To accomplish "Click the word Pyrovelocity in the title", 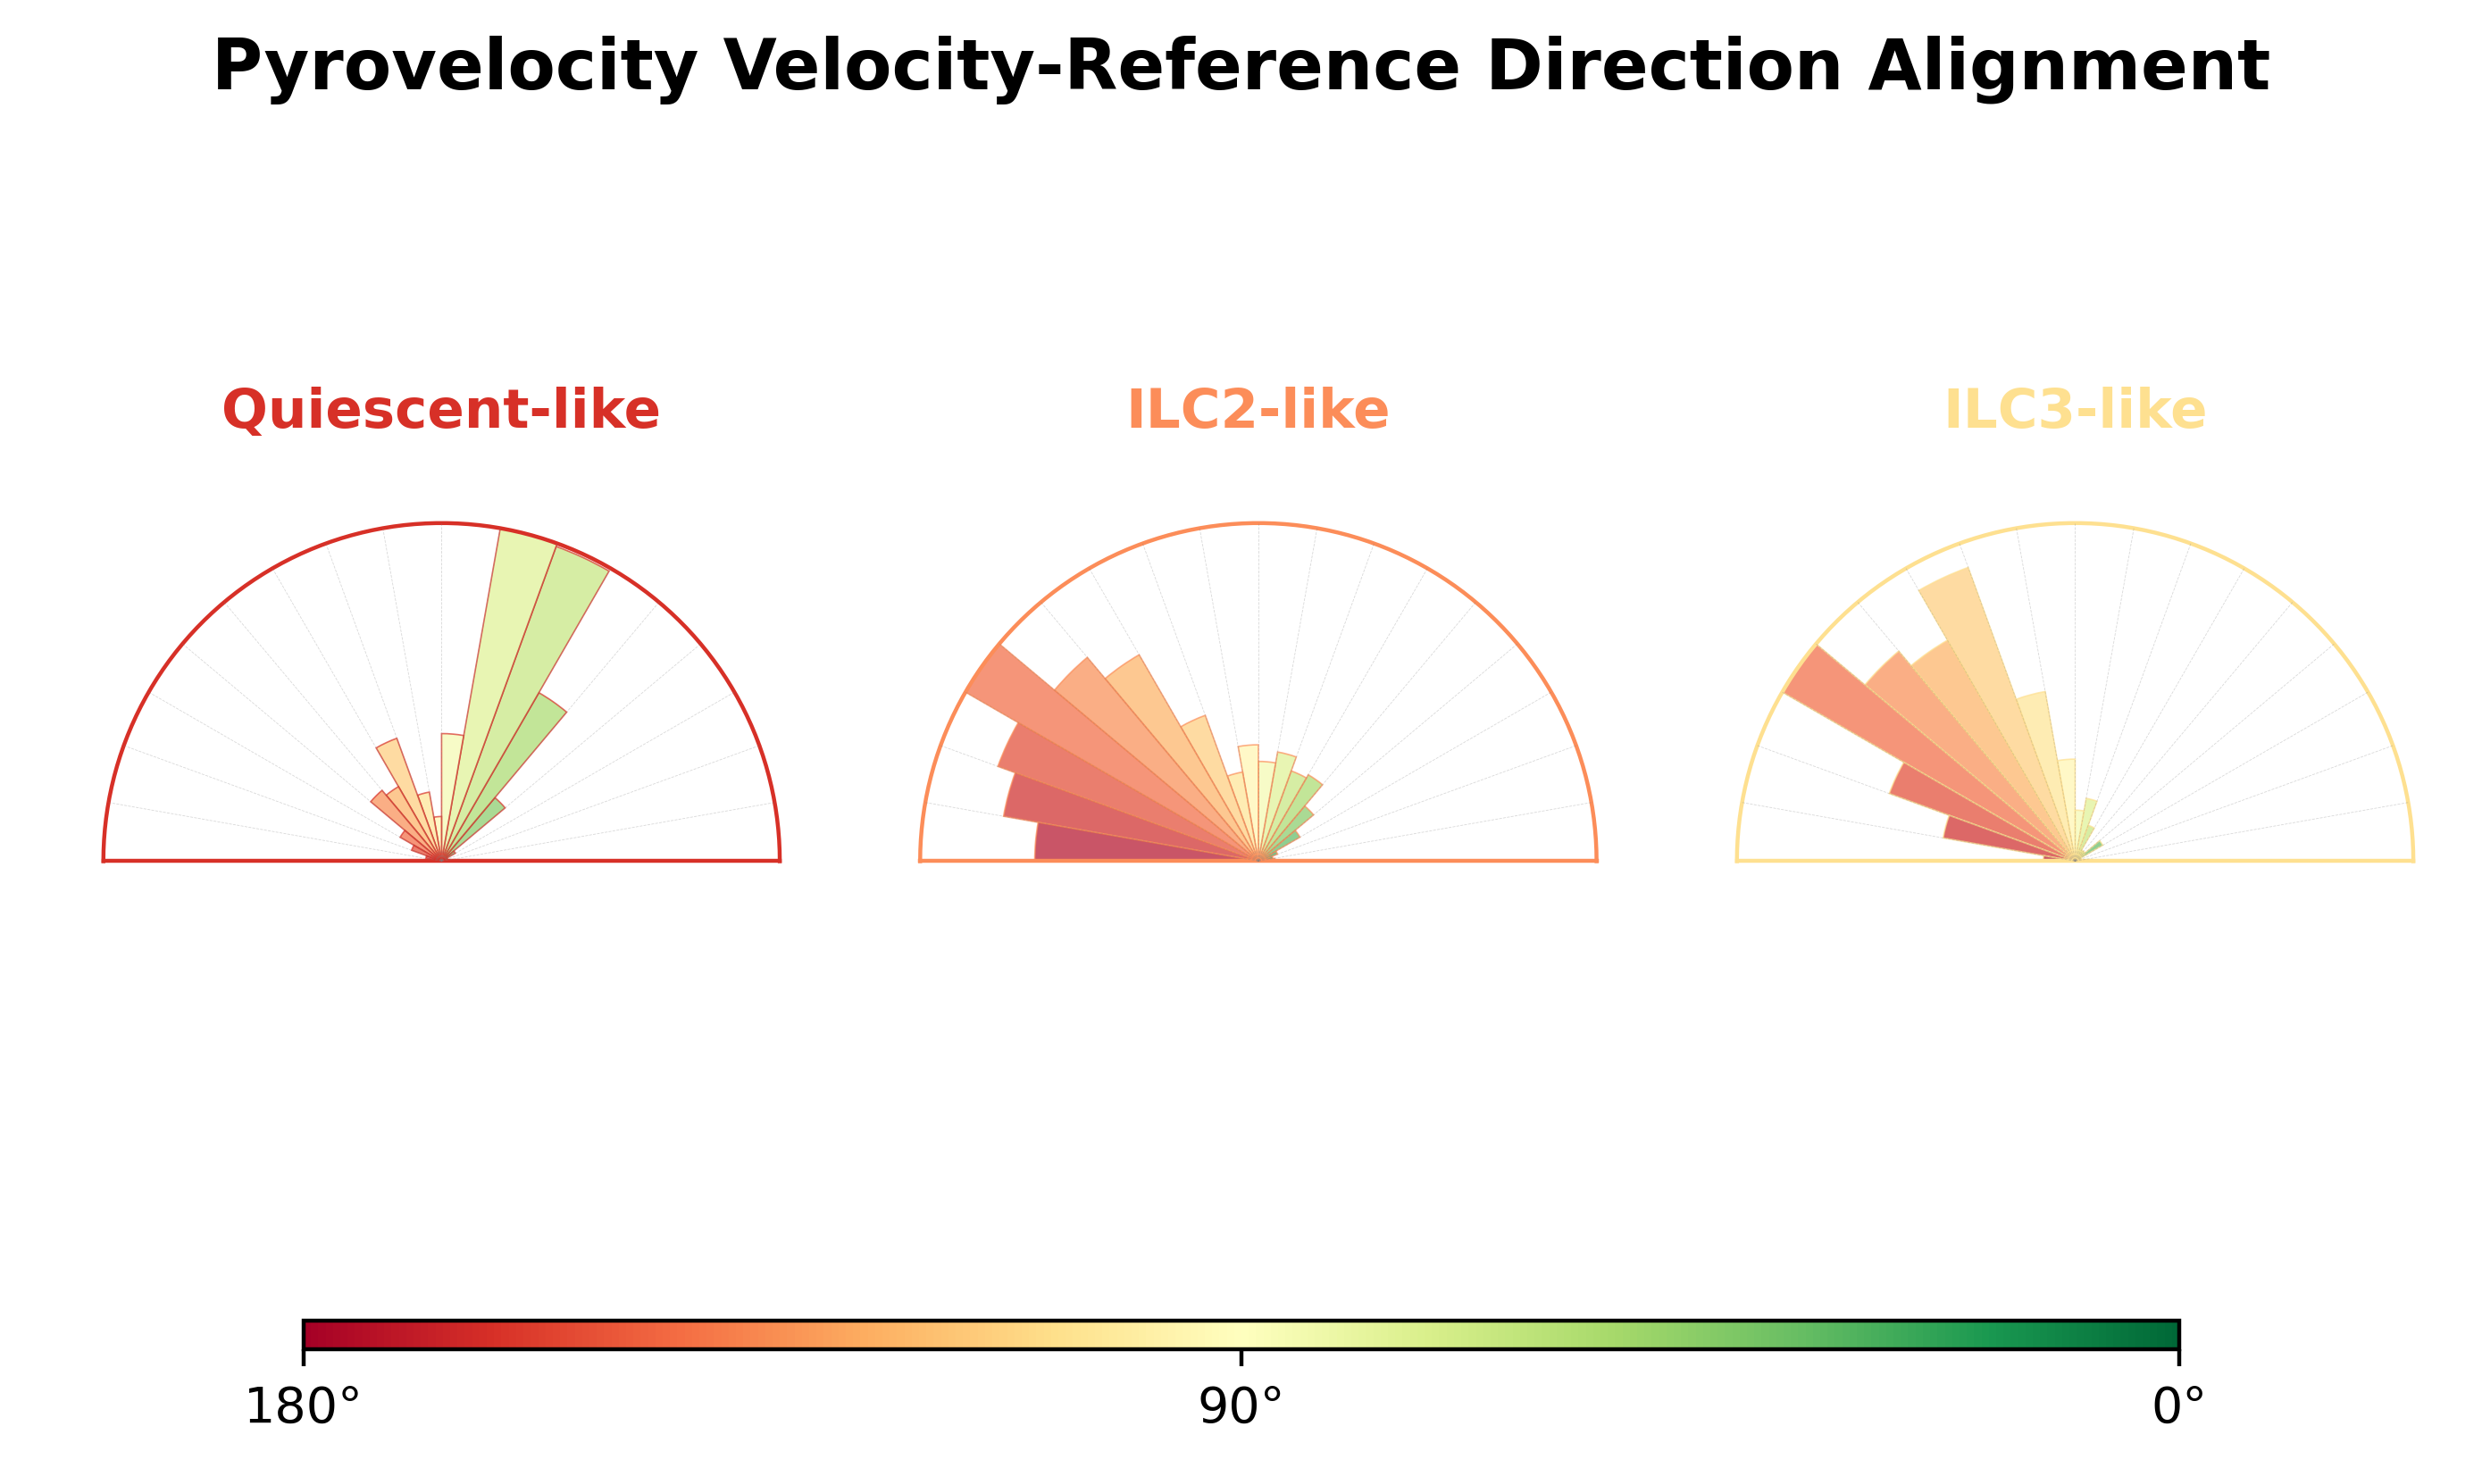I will click(455, 67).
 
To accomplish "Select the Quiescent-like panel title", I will click(440, 410).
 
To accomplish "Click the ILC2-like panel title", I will click(1258, 410).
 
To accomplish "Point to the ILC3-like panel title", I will click(2075, 410).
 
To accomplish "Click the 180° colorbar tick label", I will click(302, 1406).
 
